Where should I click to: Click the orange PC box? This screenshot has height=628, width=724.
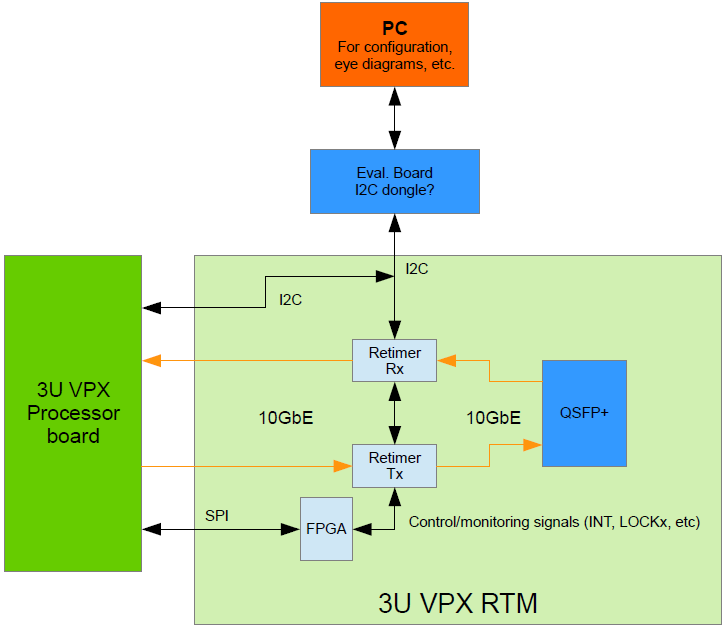pos(394,44)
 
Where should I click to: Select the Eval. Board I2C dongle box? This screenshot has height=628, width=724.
pos(394,181)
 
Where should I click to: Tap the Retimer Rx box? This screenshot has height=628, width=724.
pos(394,361)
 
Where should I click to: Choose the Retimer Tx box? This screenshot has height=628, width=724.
pos(394,466)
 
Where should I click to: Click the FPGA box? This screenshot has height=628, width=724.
pos(326,529)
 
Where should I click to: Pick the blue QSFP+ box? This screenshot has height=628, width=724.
pos(584,412)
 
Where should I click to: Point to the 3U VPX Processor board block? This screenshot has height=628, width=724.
pos(73,413)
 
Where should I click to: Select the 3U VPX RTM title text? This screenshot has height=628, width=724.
pos(458,603)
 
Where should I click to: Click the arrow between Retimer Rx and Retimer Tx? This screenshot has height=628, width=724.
pos(395,413)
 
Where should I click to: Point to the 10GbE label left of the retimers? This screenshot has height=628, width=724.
pos(286,419)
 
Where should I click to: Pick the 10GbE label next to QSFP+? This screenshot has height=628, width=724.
pos(493,419)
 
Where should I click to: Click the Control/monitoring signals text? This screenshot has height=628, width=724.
pos(554,522)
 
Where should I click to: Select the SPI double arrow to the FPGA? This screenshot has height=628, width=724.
pos(221,529)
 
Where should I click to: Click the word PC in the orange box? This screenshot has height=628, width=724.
pos(394,28)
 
